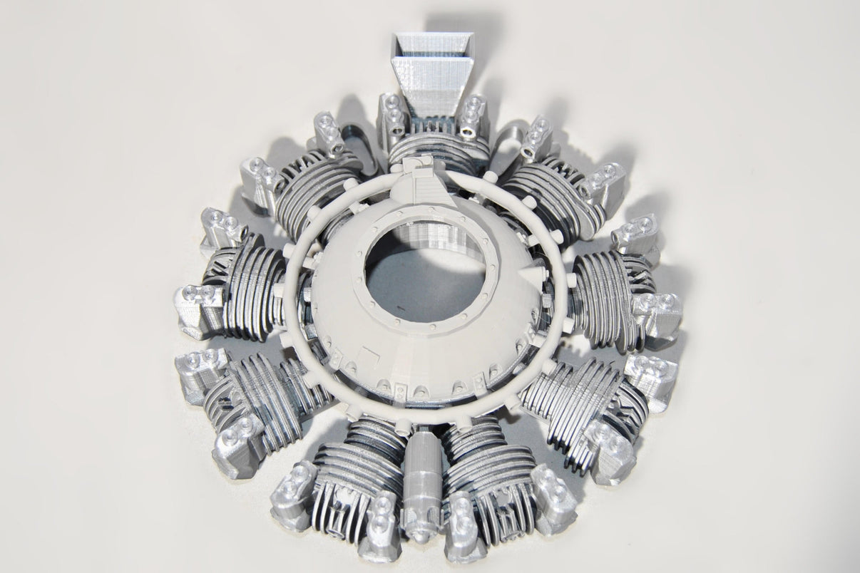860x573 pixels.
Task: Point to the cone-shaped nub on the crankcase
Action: tap(531, 272)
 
